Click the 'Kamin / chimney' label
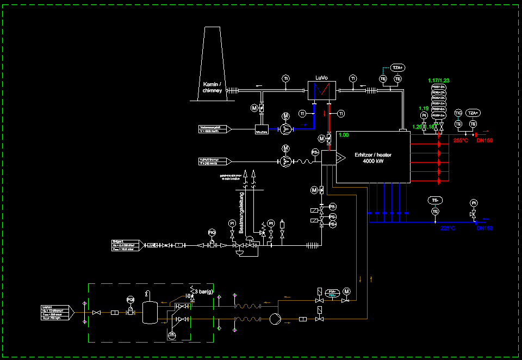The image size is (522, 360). pyautogui.click(x=212, y=88)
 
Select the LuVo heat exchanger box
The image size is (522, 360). pyautogui.click(x=321, y=90)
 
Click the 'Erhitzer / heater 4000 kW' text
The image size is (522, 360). pyautogui.click(x=373, y=158)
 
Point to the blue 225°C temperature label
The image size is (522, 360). pyautogui.click(x=448, y=228)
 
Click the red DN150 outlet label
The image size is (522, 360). pyautogui.click(x=484, y=140)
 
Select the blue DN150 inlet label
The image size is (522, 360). pyautogui.click(x=484, y=228)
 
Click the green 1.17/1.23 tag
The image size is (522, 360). pyautogui.click(x=439, y=80)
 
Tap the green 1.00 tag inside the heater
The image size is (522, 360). pyautogui.click(x=343, y=135)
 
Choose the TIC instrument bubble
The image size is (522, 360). pyautogui.click(x=458, y=113)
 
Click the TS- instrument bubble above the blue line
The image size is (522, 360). pyautogui.click(x=435, y=200)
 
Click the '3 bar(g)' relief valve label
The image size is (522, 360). pyautogui.click(x=204, y=292)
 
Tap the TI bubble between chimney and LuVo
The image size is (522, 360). pyautogui.click(x=286, y=79)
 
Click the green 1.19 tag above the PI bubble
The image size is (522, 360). pyautogui.click(x=424, y=108)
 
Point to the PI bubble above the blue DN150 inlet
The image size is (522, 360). pyautogui.click(x=474, y=203)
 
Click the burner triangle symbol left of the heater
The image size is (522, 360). pyautogui.click(x=340, y=158)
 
